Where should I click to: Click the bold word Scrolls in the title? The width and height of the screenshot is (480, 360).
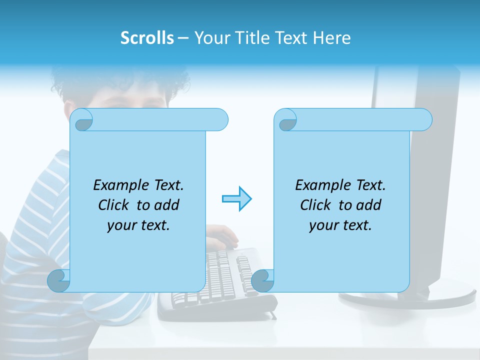(x=147, y=38)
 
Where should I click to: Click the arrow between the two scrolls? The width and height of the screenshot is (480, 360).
(x=236, y=198)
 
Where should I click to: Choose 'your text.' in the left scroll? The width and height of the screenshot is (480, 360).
(x=138, y=225)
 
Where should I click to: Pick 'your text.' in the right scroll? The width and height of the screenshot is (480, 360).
(x=340, y=225)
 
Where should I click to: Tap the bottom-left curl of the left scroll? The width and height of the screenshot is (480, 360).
(x=59, y=281)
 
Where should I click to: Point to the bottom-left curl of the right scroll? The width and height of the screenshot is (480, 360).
(x=262, y=281)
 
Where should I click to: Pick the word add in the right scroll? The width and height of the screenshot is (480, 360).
(x=368, y=205)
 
